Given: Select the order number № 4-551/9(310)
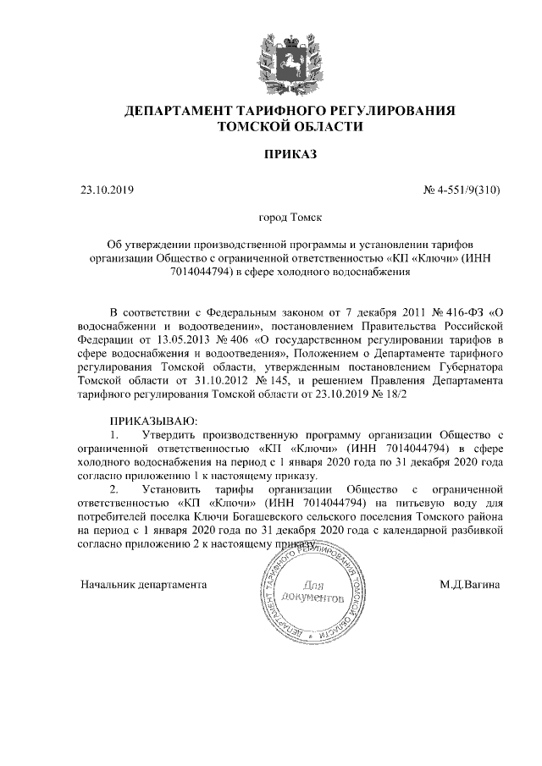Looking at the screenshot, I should tap(461, 189).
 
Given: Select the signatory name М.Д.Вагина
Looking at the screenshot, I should tap(469, 584).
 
